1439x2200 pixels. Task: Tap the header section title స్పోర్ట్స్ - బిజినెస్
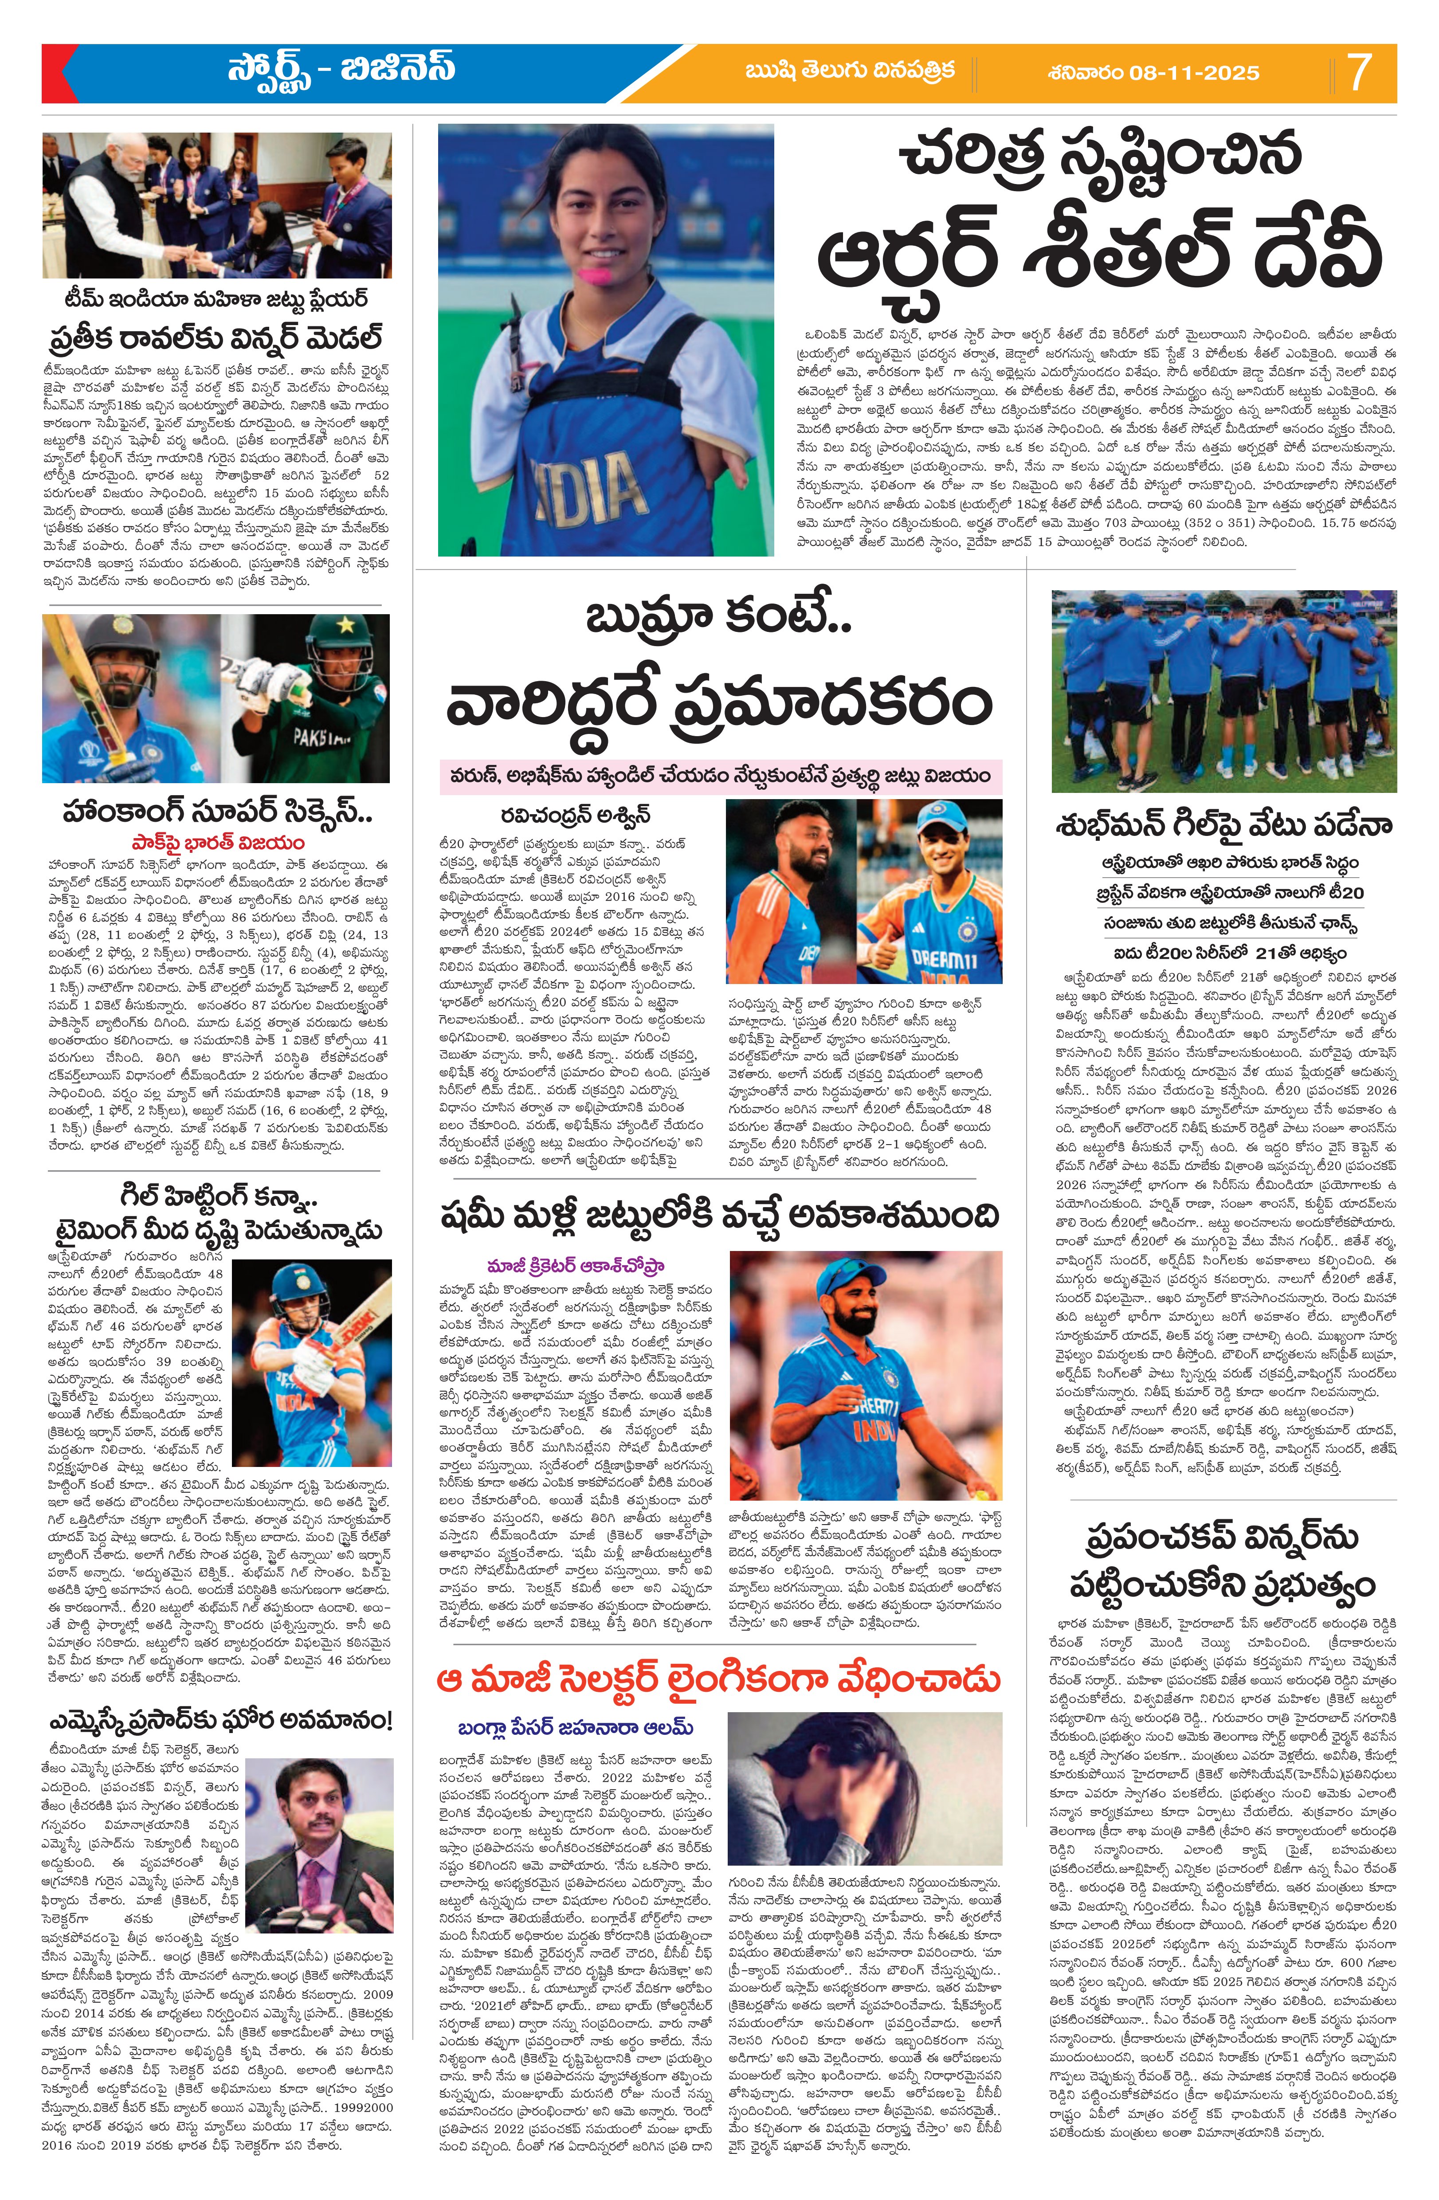point(342,70)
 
